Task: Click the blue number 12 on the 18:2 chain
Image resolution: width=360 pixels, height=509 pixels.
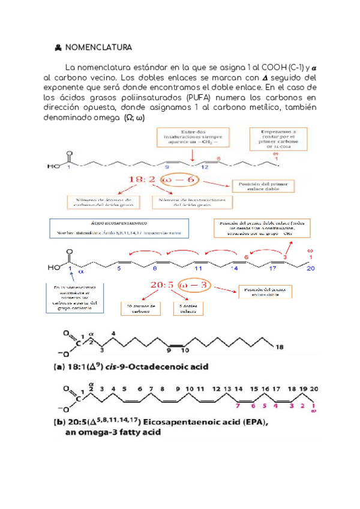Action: tap(188, 167)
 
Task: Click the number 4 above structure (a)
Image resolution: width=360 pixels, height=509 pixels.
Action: tap(113, 333)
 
